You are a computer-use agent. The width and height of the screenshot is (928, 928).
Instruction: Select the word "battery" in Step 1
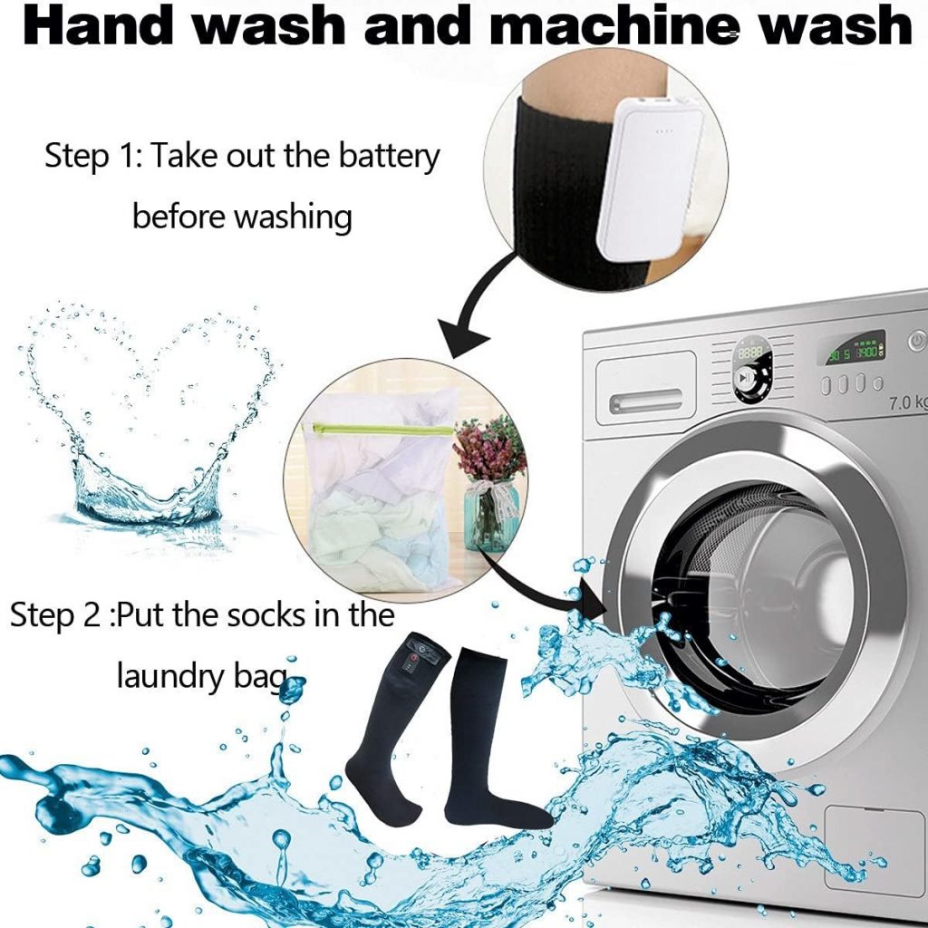(389, 156)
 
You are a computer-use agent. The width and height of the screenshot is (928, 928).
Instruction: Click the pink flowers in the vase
(488, 448)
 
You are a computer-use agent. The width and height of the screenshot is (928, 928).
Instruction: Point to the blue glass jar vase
(490, 516)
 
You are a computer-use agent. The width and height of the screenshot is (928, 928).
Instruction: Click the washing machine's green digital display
(855, 349)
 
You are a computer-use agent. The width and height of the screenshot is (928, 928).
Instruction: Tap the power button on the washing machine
(917, 341)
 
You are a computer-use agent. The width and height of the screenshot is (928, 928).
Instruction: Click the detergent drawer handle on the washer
(645, 401)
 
